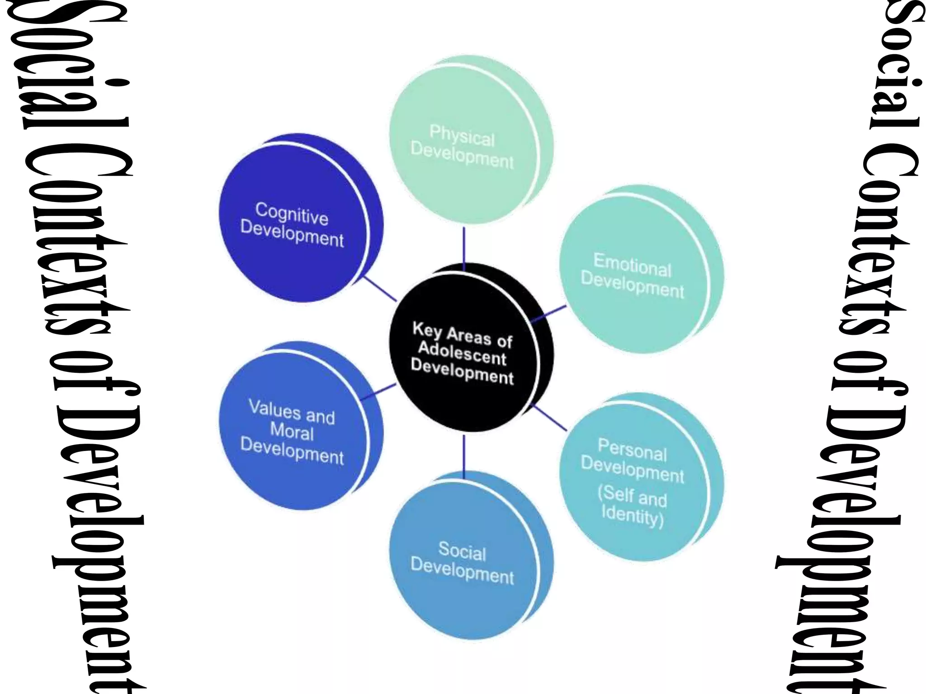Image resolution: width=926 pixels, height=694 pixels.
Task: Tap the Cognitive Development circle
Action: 294,221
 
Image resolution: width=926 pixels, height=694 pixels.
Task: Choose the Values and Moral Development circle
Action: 294,429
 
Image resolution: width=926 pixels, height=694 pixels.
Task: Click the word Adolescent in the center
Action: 462,354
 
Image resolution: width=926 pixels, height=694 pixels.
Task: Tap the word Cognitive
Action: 292,213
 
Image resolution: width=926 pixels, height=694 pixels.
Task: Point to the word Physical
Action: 462,136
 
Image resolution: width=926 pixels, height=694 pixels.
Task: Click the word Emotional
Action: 632,265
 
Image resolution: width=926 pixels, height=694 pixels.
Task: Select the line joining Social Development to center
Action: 464,456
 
